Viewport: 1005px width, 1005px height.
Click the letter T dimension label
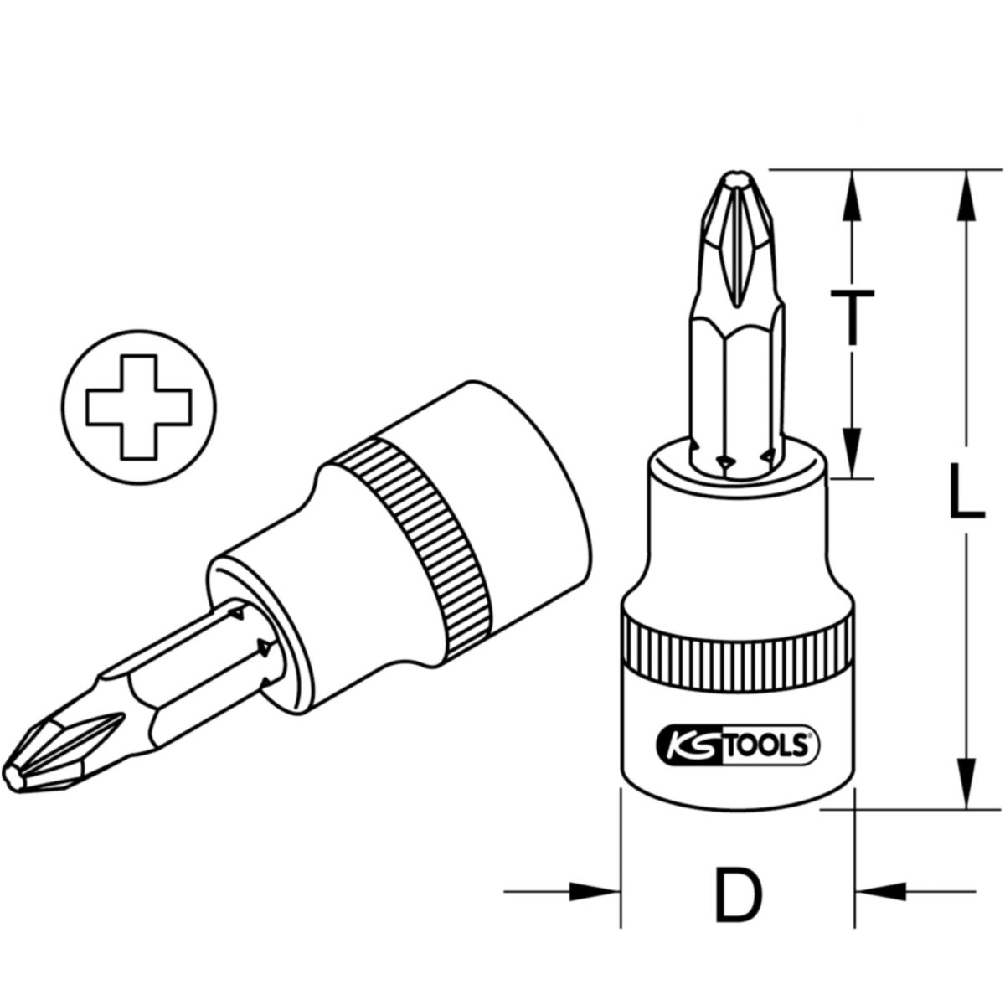[x=852, y=317]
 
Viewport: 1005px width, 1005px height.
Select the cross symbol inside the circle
[x=139, y=407]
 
